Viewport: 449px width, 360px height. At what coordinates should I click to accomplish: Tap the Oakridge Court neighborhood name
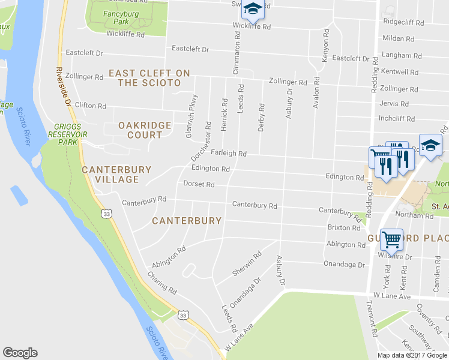tap(145, 130)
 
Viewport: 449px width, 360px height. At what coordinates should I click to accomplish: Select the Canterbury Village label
tap(116, 174)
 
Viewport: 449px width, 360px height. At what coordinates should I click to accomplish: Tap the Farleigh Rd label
tap(228, 153)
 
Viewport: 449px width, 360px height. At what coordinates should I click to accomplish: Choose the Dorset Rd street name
tap(199, 184)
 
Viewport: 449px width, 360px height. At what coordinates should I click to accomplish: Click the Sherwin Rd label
tap(247, 264)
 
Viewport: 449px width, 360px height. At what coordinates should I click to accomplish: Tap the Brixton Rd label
tap(344, 228)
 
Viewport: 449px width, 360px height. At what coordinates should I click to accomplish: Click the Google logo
tap(20, 353)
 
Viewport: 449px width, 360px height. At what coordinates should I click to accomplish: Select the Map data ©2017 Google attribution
tap(412, 355)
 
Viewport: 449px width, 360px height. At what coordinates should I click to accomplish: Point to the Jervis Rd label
tap(394, 103)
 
